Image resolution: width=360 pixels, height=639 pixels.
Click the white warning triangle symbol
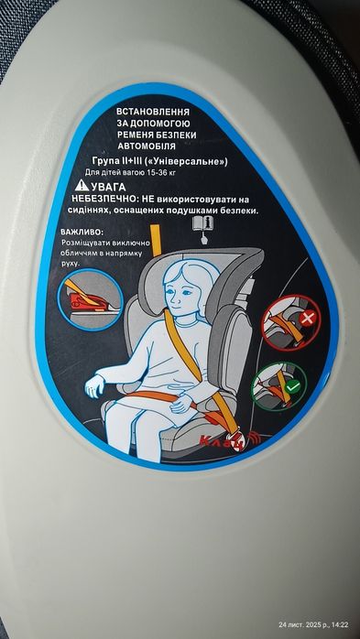click(82, 185)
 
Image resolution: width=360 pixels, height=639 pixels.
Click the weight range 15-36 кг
click(180, 171)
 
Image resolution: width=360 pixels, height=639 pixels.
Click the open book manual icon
click(203, 223)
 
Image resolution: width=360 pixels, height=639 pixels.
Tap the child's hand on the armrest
click(95, 386)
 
